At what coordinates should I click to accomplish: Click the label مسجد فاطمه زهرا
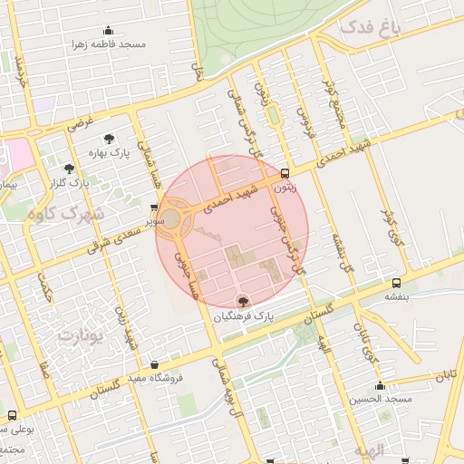point(109,43)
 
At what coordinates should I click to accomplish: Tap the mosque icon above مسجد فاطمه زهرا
point(109,30)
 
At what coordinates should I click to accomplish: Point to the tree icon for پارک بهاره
point(110,140)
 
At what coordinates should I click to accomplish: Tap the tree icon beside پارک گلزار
point(69,168)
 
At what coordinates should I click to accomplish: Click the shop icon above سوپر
point(154,208)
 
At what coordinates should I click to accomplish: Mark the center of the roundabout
point(171,218)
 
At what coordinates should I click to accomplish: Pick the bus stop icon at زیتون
point(285,173)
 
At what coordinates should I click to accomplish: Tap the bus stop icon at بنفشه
point(395,283)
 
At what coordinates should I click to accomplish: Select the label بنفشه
point(395,296)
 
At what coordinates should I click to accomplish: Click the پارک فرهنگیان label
point(242,317)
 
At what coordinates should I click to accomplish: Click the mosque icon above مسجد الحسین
point(381,386)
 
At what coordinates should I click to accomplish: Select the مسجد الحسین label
point(385,400)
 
